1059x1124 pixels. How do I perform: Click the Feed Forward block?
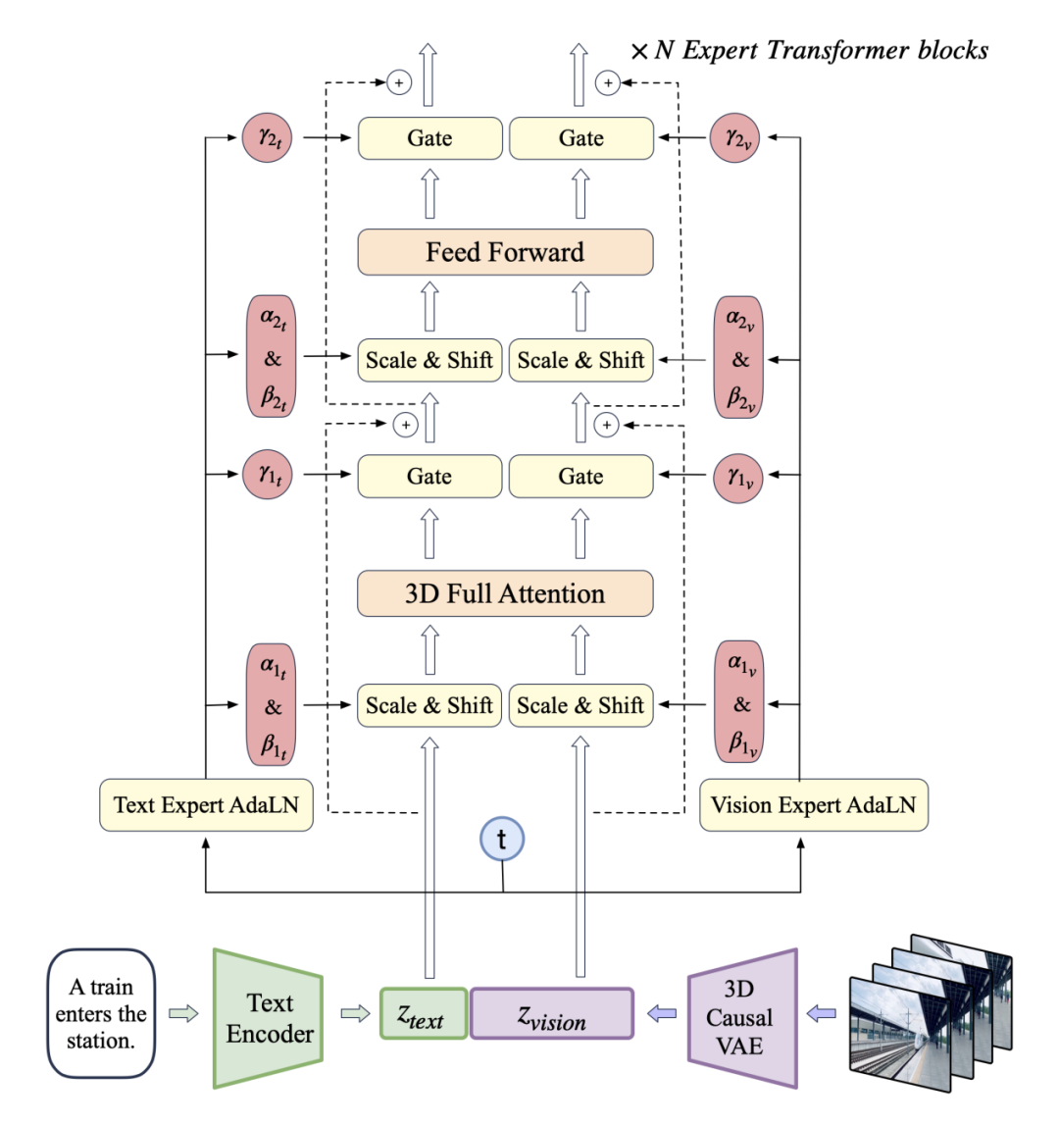point(505,252)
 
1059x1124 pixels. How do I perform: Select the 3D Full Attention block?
point(505,593)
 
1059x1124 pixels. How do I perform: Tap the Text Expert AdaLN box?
point(206,805)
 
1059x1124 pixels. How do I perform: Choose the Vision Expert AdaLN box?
point(813,805)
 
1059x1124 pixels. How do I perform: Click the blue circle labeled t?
point(502,840)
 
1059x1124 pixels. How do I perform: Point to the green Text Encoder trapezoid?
point(268,1018)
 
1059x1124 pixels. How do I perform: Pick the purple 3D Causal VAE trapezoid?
point(742,1018)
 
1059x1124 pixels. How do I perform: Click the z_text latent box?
point(423,1014)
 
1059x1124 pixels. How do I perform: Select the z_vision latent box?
point(552,1014)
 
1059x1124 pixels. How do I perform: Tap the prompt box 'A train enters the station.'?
point(101,1013)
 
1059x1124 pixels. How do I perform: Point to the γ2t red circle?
point(268,138)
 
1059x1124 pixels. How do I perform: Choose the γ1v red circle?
point(738,478)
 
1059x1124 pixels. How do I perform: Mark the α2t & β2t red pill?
point(272,357)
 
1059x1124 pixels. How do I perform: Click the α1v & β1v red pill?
point(739,702)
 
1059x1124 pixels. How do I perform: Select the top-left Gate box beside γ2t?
point(429,138)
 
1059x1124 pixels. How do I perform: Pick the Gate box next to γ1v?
point(580,477)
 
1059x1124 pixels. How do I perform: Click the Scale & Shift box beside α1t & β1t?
point(429,705)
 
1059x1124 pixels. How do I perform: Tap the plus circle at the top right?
point(608,83)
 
